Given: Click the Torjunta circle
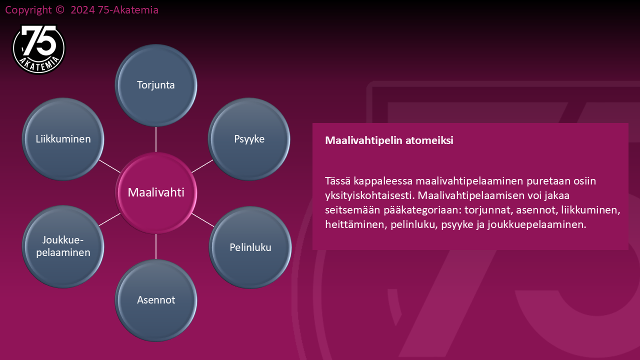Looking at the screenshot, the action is click(156, 85).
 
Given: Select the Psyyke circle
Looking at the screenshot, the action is click(249, 139).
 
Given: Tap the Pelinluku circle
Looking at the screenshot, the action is click(250, 247).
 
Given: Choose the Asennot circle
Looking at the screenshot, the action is click(156, 300).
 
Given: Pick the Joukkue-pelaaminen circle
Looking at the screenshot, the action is click(63, 246).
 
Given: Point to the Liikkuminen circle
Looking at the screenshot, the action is click(63, 139).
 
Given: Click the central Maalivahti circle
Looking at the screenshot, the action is click(156, 193).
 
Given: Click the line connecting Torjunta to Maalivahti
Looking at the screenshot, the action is click(156, 139).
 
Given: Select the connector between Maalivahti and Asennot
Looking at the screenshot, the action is click(156, 246).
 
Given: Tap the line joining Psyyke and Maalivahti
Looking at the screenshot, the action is click(202, 166).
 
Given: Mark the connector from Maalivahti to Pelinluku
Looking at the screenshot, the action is click(203, 220).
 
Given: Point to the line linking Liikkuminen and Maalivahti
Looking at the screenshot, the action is click(109, 166).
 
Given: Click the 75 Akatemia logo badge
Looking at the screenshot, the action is click(38, 49).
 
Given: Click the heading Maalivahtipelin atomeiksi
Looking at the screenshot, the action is click(389, 140).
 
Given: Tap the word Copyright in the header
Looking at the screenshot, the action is click(28, 10).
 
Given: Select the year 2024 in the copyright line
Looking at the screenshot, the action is click(82, 10).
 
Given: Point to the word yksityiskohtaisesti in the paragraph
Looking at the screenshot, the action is click(369, 195).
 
